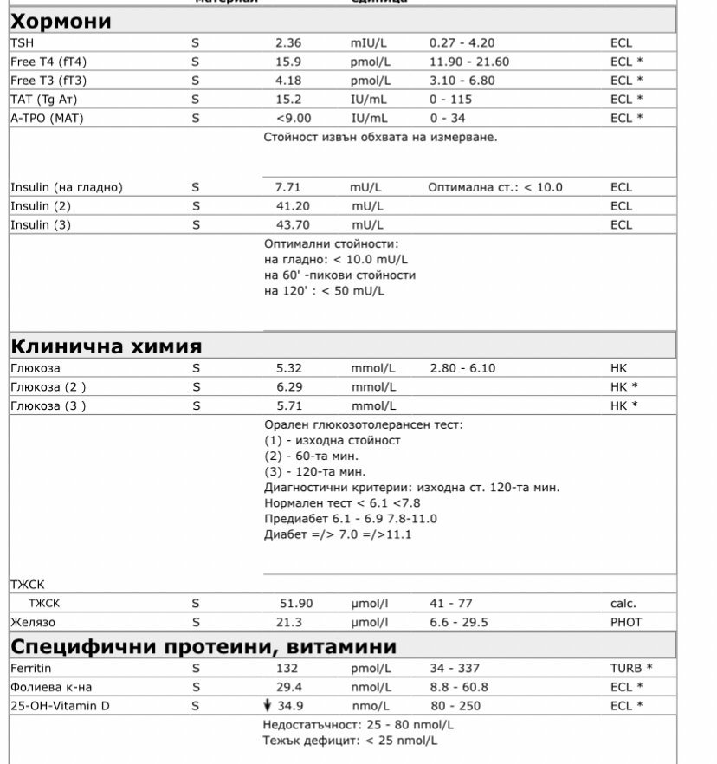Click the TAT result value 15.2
click(288, 100)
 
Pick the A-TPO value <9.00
click(293, 118)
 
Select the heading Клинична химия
click(106, 346)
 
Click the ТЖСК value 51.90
click(295, 604)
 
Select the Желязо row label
click(33, 622)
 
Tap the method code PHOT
click(626, 622)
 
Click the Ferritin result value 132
click(287, 669)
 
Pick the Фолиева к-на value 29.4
click(288, 687)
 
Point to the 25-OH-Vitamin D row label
click(60, 706)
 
